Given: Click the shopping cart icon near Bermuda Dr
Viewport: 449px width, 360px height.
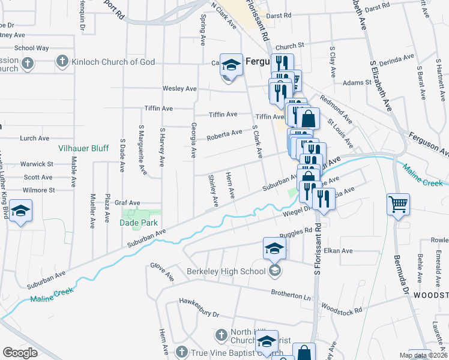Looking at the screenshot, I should click(398, 205).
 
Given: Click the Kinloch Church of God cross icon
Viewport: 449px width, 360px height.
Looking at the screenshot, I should click(62, 61).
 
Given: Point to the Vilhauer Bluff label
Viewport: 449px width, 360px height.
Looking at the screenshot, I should click(83, 147).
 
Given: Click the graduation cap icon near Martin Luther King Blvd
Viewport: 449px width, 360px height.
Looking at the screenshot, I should click(21, 211).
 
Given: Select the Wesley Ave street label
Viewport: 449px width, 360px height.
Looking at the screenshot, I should click(179, 89).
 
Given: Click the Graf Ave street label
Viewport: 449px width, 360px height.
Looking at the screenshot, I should click(127, 203).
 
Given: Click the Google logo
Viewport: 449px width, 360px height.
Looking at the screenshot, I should click(20, 353).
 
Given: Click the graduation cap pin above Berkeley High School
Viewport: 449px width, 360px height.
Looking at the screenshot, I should click(274, 248).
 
